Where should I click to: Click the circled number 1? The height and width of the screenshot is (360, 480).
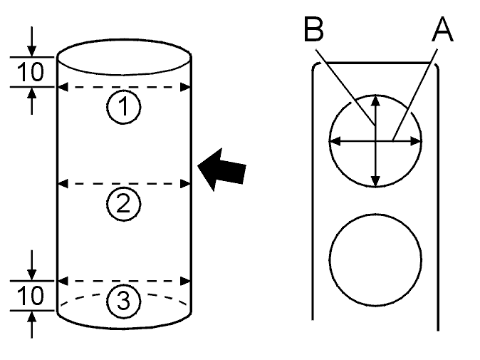coord(124,107)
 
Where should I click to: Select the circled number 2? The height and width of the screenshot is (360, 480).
coord(124,204)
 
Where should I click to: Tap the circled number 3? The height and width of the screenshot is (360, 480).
coord(124,301)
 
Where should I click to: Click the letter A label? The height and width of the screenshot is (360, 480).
coord(442,29)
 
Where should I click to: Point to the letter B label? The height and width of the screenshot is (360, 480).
coord(314,29)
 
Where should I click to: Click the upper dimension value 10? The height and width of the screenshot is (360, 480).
coord(31,72)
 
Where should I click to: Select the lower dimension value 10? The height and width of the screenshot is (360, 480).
coord(31,296)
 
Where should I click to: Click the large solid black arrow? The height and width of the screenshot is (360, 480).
coord(222,170)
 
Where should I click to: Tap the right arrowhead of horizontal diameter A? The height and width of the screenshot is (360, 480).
coord(416,141)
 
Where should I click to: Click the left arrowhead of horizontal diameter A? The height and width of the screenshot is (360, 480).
coord(335,141)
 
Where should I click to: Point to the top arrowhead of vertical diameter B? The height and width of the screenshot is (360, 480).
coord(375,101)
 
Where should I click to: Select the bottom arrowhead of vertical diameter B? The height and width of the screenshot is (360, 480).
coord(375,181)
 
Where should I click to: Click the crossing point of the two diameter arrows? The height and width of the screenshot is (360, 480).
coord(375,141)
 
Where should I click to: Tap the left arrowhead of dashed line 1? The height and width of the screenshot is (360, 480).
coord(63,87)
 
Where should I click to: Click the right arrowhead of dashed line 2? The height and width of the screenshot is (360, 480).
coord(185,184)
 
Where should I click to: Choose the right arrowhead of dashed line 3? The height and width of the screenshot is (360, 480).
coord(185,281)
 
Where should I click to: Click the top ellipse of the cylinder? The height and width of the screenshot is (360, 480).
coord(124,39)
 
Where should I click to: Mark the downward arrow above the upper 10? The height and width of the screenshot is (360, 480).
coord(31,41)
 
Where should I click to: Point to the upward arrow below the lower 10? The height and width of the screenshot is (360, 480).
coord(31,324)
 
